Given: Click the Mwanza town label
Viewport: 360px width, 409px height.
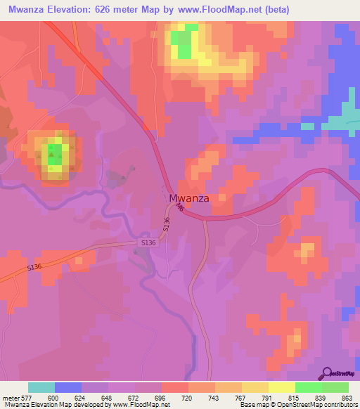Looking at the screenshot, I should point(188,198).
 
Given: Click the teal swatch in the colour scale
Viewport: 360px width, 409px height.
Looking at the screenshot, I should point(41,387).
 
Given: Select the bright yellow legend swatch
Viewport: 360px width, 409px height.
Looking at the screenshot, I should point(281,387).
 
